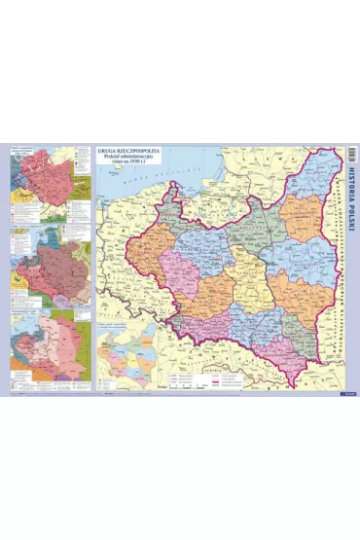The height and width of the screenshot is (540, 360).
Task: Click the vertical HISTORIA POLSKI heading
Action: click(x=351, y=204)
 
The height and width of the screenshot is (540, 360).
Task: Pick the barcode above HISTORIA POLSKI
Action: click(x=351, y=154)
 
